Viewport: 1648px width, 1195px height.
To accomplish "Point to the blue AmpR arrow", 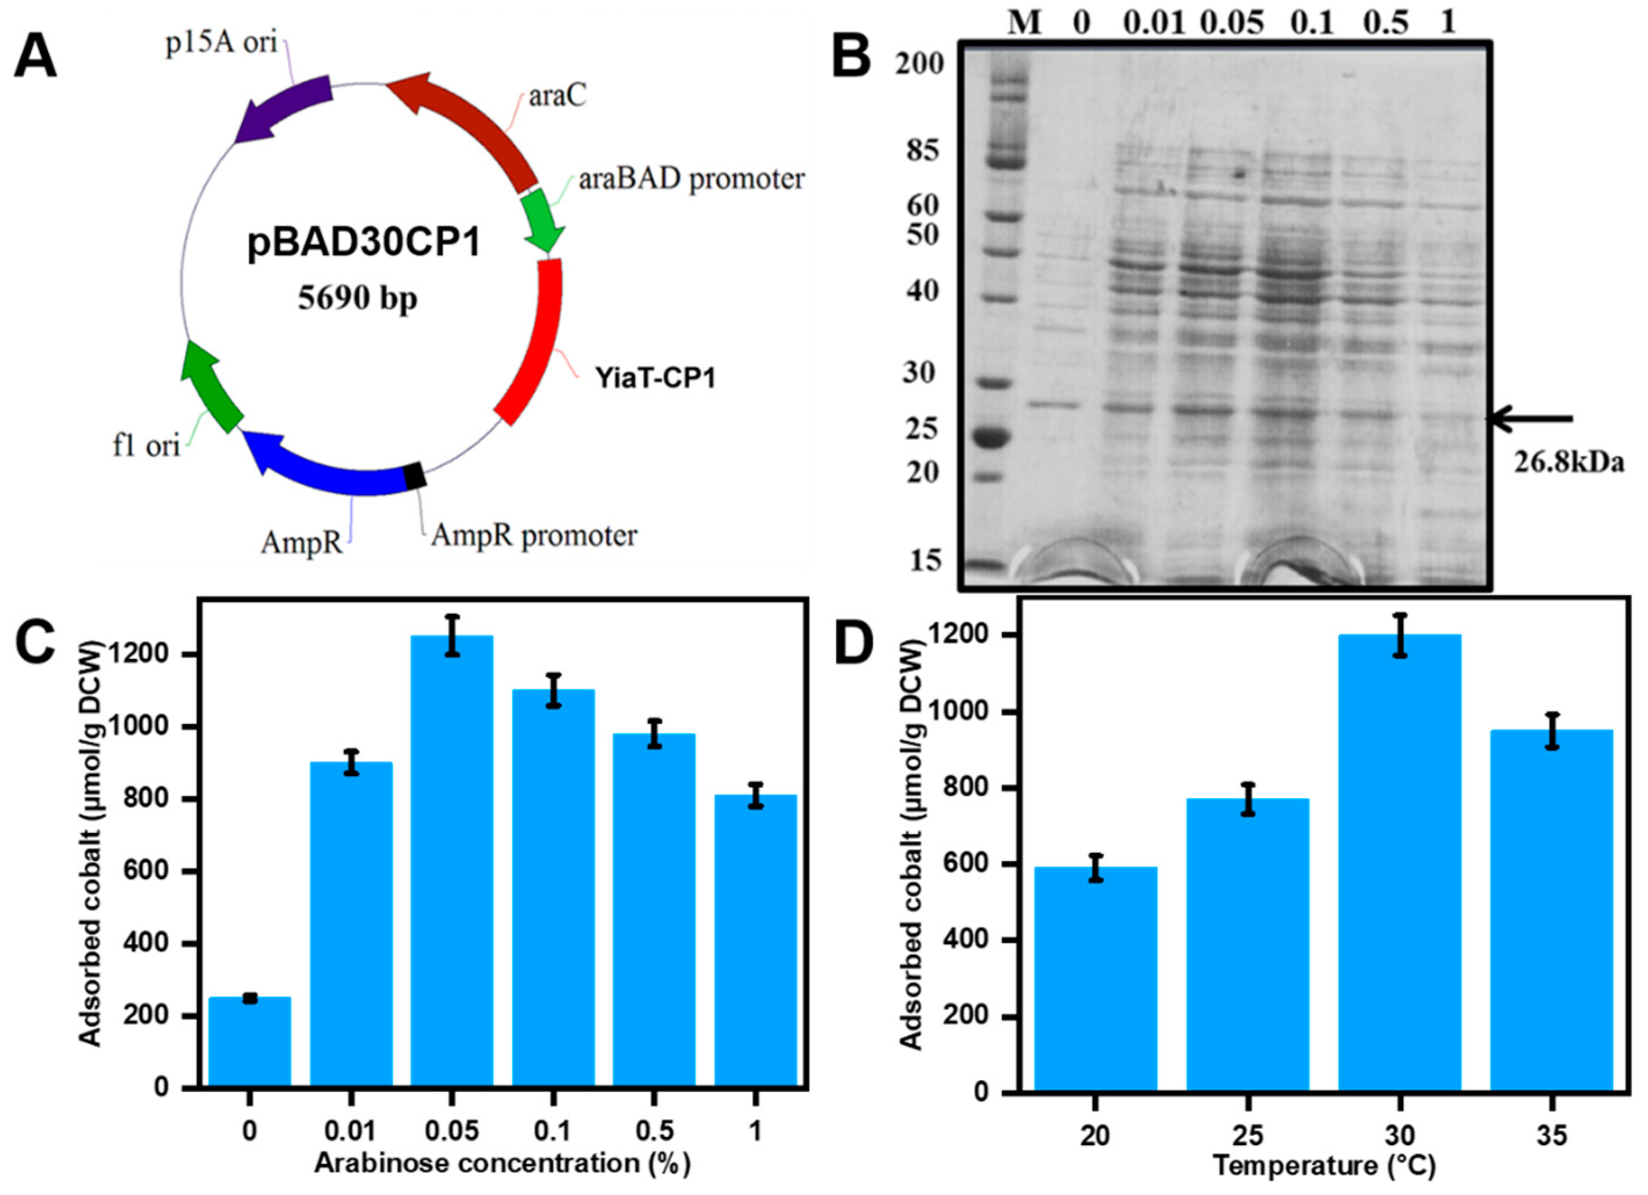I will (327, 465).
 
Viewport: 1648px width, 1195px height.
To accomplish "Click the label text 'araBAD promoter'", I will (691, 179).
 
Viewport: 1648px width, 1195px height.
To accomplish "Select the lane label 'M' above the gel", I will (1025, 23).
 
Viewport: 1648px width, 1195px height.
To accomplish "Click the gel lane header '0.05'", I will (1232, 23).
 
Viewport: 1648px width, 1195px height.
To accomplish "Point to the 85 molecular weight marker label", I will (921, 151).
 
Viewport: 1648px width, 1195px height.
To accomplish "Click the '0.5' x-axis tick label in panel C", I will (654, 1131).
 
